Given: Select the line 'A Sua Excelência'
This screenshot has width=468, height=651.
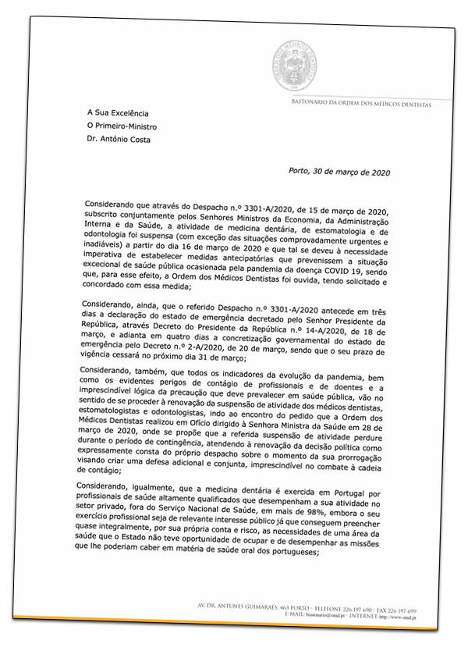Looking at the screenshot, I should (117, 113).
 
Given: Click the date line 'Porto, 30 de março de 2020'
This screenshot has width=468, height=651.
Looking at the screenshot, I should (339, 172).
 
